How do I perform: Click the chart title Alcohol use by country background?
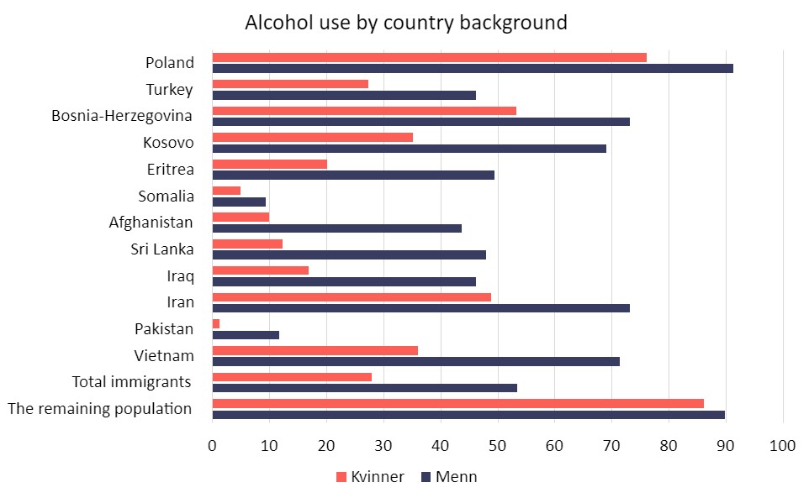tap(406, 23)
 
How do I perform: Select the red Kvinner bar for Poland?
tap(429, 58)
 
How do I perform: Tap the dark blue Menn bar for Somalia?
tap(239, 202)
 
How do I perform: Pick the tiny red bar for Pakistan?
tap(216, 324)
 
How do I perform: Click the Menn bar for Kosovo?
tap(410, 149)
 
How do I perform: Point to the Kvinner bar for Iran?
tap(352, 297)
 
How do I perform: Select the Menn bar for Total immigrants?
tap(365, 388)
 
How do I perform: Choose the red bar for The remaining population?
tap(458, 404)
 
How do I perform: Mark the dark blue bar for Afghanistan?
tap(337, 228)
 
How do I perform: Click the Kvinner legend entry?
tap(370, 477)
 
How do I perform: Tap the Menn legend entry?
tap(449, 477)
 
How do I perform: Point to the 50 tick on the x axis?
tap(497, 445)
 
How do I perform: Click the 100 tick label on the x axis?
tap(782, 445)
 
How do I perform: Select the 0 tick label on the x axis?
tap(212, 445)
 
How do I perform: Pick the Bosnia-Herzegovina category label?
tap(122, 116)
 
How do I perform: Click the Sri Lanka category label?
tap(162, 249)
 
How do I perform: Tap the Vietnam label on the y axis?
tap(164, 356)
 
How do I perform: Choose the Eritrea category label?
tap(170, 170)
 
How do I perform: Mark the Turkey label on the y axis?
tap(169, 90)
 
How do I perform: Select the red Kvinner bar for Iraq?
tap(261, 270)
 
